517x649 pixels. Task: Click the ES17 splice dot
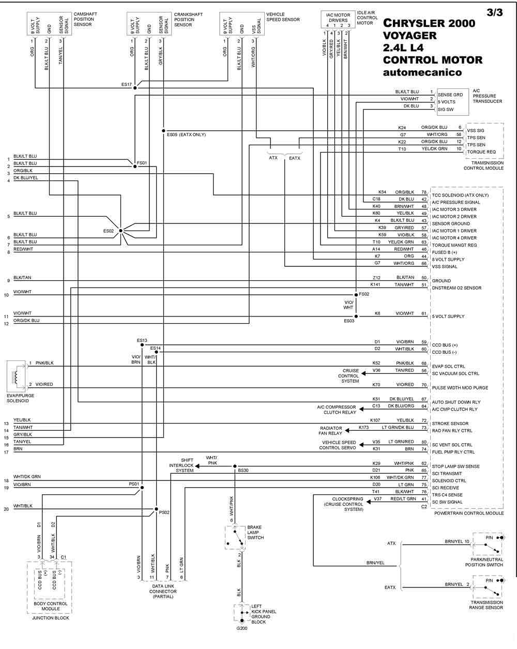(135, 88)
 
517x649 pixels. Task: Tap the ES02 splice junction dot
(120, 231)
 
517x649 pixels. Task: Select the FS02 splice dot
(356, 295)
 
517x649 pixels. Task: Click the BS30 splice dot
(235, 466)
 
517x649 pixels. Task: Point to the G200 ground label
(242, 628)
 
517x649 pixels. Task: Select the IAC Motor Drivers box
(338, 20)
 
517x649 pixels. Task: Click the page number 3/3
(495, 12)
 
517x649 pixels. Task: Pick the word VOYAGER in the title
(409, 36)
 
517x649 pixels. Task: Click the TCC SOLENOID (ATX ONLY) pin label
(460, 195)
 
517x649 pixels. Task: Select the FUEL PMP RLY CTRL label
(453, 452)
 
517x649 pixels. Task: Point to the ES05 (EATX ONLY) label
(186, 134)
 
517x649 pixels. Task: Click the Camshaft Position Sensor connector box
(50, 24)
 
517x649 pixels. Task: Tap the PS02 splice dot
(156, 509)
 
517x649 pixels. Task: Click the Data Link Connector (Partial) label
(163, 592)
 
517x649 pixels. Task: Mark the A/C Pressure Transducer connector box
(453, 102)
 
